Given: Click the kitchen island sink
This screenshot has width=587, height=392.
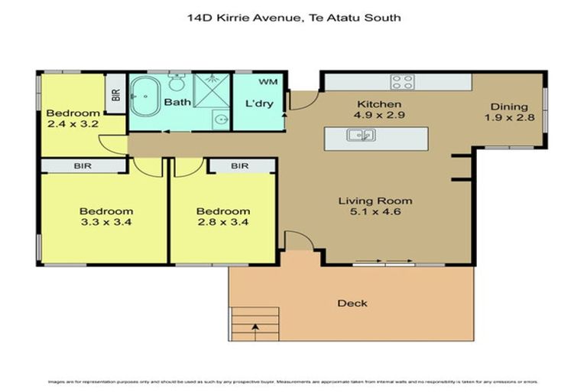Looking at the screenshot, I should tap(360, 136).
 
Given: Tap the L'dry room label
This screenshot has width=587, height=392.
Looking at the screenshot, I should tap(254, 103).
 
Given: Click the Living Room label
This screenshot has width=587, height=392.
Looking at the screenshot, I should tap(370, 201).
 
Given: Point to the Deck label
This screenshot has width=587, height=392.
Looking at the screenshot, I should tap(352, 303).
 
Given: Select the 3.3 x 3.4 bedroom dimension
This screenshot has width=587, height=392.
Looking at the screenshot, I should tap(106, 223).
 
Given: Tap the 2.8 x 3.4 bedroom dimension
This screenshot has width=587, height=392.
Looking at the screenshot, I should tap(223, 223).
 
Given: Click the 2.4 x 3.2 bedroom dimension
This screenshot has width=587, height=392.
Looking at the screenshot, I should tap(73, 124).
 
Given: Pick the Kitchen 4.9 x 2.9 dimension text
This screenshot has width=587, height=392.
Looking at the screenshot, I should tap(380, 115).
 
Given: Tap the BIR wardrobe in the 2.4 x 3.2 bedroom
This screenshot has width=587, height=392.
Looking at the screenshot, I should tap(115, 95).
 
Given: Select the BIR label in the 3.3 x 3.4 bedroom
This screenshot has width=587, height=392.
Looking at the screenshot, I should tap(83, 165).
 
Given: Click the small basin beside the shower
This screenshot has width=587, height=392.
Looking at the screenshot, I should tap(219, 119).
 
